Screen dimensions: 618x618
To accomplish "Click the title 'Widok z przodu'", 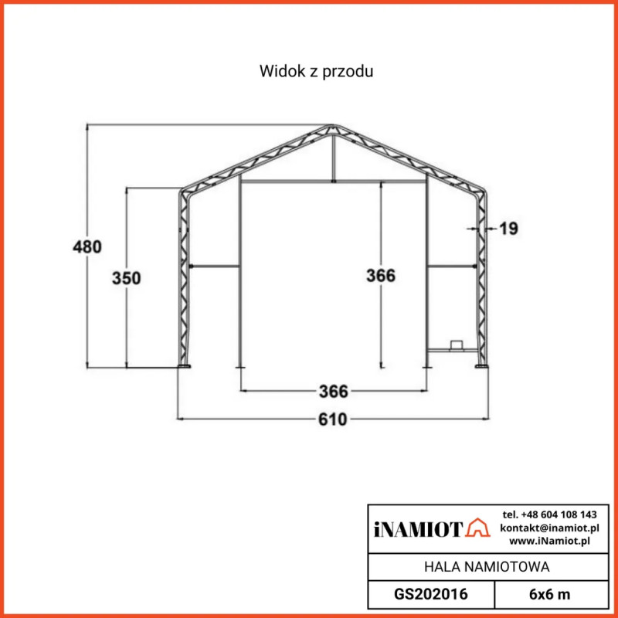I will click(x=317, y=72).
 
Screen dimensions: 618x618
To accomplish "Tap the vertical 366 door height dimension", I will click(x=381, y=276).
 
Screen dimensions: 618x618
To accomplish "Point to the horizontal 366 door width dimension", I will click(x=334, y=391).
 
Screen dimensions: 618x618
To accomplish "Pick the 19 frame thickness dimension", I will click(x=508, y=229).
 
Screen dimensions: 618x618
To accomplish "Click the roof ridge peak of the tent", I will click(x=333, y=125).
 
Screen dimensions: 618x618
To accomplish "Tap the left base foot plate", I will click(x=185, y=367).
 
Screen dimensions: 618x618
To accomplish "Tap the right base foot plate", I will click(x=482, y=367).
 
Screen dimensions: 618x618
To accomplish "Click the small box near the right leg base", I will click(x=457, y=345).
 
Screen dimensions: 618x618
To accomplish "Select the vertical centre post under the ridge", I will click(x=333, y=158).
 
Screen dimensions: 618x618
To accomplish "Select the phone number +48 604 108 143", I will click(x=549, y=514).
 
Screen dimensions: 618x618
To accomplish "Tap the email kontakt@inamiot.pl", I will click(x=549, y=528).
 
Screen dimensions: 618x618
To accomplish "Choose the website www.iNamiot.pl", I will click(x=549, y=541).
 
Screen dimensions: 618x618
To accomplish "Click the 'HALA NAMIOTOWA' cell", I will click(x=487, y=567).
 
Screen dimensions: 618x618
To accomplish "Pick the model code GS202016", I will click(x=430, y=594).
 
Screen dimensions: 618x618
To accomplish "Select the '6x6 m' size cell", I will click(x=549, y=594).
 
